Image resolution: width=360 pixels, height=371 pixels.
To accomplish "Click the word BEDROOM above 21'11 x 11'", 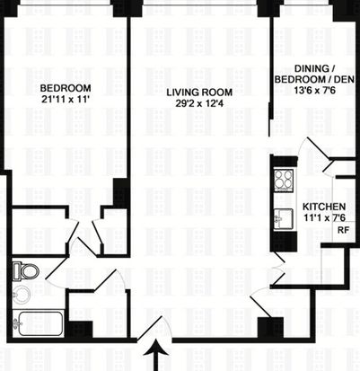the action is coord(66,88).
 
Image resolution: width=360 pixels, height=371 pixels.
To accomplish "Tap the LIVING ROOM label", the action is coord(199,93).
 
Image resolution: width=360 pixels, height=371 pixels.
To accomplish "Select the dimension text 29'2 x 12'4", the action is coord(200,103).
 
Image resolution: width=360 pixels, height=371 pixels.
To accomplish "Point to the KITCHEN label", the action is coord(324,207).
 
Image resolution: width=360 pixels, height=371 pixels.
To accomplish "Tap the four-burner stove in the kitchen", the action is coord(283,181).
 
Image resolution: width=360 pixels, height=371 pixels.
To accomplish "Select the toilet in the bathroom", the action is coord(26,271).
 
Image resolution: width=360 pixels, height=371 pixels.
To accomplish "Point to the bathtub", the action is coord(39,323).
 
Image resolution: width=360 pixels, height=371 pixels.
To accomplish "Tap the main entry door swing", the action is coord(155,328).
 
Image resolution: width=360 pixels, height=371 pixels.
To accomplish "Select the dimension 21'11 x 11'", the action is coord(66,100).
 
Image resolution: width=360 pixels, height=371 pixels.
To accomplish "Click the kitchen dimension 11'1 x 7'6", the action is coord(324,217).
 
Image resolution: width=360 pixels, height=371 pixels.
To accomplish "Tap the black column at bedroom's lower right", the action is coord(120,192).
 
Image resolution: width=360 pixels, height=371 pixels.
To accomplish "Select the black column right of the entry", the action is coord(270,327).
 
